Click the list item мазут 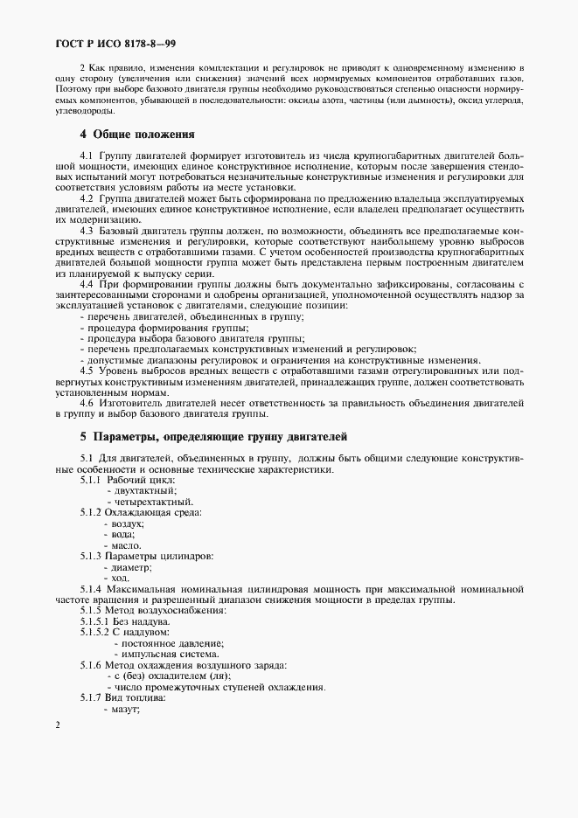[x=125, y=709]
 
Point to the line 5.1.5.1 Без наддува [x=132, y=620]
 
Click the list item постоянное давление [x=167, y=642]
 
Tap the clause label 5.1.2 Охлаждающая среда [x=141, y=512]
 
